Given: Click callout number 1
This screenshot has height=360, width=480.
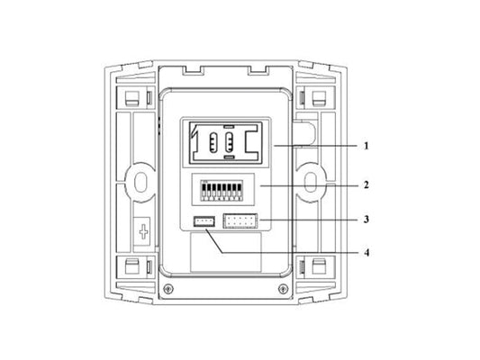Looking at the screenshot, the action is (366, 146).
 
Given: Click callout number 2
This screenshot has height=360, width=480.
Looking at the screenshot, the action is (367, 184).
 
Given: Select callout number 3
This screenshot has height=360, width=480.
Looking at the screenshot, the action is (367, 220).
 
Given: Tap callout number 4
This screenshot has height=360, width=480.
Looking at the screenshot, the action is (367, 253).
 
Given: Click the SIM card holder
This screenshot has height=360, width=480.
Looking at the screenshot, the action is (226, 142).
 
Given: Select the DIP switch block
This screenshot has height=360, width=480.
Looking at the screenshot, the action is (222, 190).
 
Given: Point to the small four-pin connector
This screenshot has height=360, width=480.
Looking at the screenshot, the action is (204, 221).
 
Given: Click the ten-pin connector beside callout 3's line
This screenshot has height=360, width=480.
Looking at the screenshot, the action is (240, 220).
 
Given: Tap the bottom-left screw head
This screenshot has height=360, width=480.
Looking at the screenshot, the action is (168, 288).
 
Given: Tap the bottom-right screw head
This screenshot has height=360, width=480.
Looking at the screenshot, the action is (283, 288).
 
